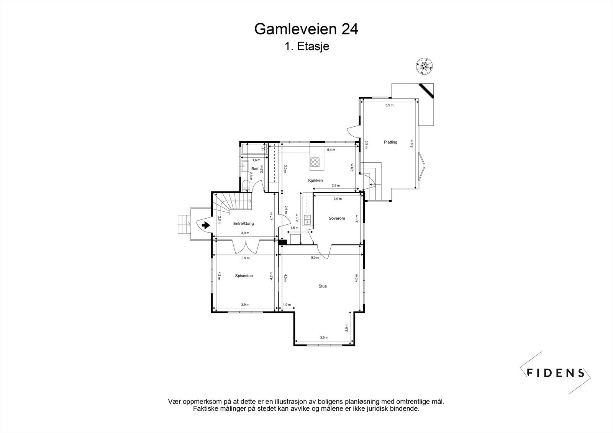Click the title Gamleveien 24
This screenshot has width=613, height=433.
tap(306, 29)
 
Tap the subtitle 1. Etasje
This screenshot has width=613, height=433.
tap(306, 47)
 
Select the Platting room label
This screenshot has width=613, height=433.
tap(390, 142)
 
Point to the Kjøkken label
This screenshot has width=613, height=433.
tap(316, 180)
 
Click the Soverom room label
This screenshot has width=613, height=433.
tap(337, 218)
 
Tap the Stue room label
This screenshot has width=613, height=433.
tap(323, 286)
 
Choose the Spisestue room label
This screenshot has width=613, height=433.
tap(244, 275)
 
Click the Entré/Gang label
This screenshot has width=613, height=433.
tap(243, 224)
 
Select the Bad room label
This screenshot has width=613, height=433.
tap(255, 168)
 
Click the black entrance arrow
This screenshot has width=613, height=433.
tap(206, 225)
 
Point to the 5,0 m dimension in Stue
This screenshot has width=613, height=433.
tap(315, 258)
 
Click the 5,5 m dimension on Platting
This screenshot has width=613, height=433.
tap(367, 144)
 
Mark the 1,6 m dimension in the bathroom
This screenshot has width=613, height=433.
tap(256, 160)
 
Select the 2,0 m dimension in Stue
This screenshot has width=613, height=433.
tap(347, 327)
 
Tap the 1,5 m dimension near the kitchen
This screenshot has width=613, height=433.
tap(294, 228)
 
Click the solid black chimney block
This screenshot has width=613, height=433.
tap(283, 242)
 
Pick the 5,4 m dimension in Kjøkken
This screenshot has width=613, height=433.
tap(331, 150)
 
